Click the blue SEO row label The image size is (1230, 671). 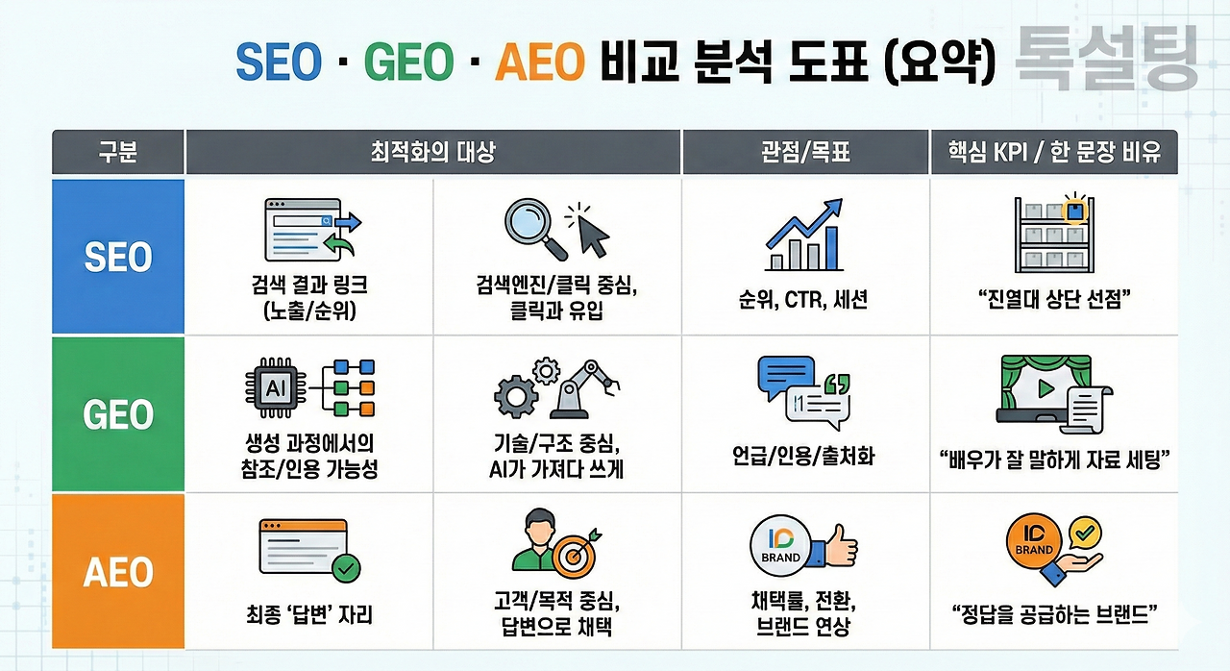pyautogui.click(x=117, y=256)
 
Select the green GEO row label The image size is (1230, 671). pyautogui.click(x=117, y=414)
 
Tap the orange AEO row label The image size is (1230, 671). pyautogui.click(x=117, y=572)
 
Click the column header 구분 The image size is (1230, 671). pyautogui.click(x=117, y=152)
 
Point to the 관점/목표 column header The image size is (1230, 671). pyautogui.click(x=805, y=152)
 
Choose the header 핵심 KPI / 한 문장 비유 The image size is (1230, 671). pyautogui.click(x=1053, y=152)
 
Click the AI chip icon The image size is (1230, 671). pyautogui.click(x=276, y=388)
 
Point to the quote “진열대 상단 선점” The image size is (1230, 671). pyautogui.click(x=1053, y=299)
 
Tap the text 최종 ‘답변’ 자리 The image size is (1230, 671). pyautogui.click(x=309, y=614)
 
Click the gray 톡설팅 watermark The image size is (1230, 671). pyautogui.click(x=1106, y=60)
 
